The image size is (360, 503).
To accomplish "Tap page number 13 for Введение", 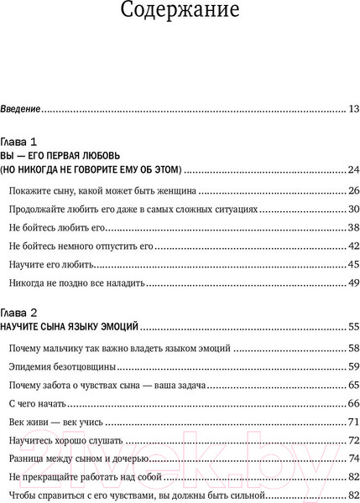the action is (x=352, y=109).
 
